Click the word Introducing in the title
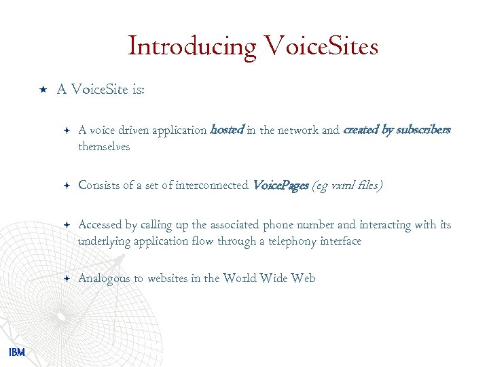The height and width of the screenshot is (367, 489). [192, 47]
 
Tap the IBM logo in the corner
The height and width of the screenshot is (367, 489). [17, 351]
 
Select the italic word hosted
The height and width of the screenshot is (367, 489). [227, 130]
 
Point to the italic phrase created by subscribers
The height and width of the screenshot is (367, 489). [397, 130]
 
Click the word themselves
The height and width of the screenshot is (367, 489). [104, 147]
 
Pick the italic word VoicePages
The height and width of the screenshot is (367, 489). [280, 185]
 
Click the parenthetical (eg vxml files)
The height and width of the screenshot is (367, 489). [347, 185]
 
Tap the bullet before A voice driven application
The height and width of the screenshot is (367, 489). [66, 130]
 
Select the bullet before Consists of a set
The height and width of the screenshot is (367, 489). [66, 185]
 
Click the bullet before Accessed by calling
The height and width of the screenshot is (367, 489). [66, 225]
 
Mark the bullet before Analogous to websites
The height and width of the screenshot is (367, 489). [66, 278]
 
